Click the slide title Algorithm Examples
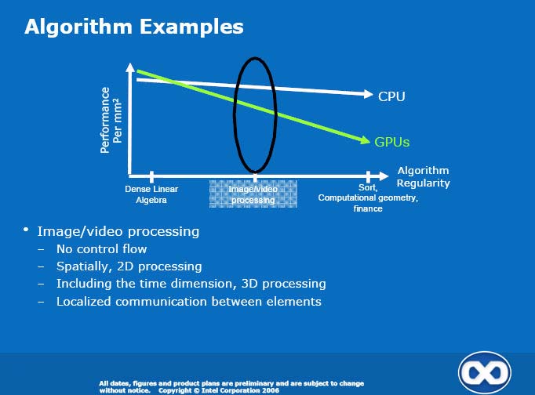pyautogui.click(x=134, y=27)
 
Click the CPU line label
pyautogui.click(x=391, y=96)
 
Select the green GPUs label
pyautogui.click(x=391, y=142)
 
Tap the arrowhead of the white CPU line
pyautogui.click(x=369, y=94)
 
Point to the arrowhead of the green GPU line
pyautogui.click(x=366, y=140)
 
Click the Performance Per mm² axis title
pyautogui.click(x=111, y=120)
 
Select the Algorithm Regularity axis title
pyautogui.click(x=423, y=176)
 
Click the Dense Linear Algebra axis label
pyautogui.click(x=151, y=194)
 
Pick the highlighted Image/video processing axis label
pyautogui.click(x=253, y=194)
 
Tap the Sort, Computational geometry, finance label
pyautogui.click(x=368, y=197)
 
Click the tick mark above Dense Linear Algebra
pyautogui.click(x=151, y=177)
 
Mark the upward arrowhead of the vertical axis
pyautogui.click(x=130, y=67)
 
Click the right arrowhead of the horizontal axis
pyautogui.click(x=384, y=176)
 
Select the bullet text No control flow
pyautogui.click(x=102, y=248)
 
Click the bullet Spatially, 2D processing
pyautogui.click(x=129, y=266)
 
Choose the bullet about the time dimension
pyautogui.click(x=191, y=284)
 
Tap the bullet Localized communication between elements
pyautogui.click(x=189, y=302)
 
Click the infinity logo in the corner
pyautogui.click(x=485, y=372)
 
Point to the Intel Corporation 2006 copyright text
pyautogui.click(x=219, y=390)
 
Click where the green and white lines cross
pyautogui.click(x=172, y=81)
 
